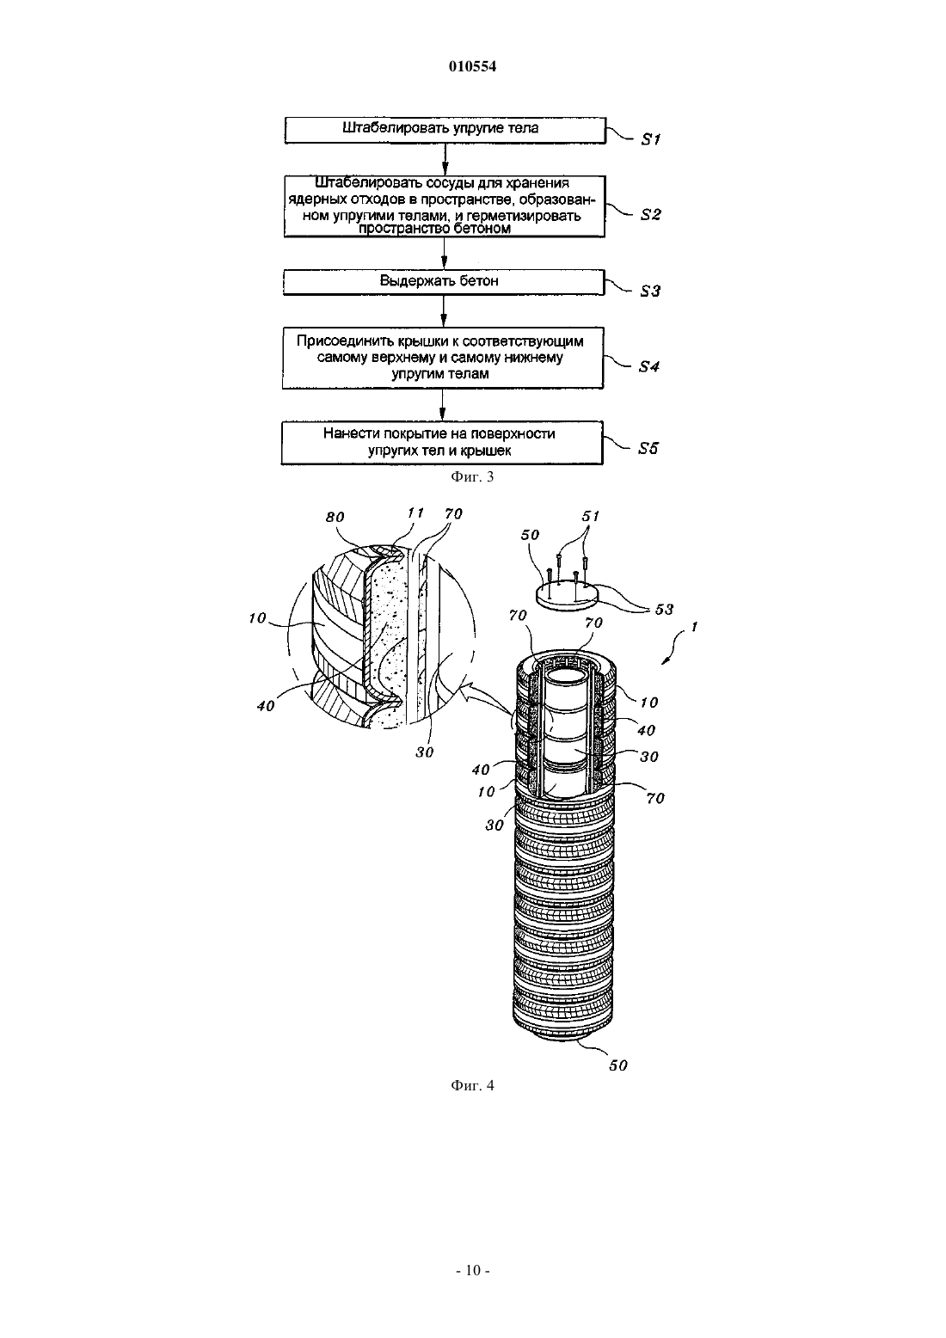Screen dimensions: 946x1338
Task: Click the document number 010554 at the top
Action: click(x=472, y=66)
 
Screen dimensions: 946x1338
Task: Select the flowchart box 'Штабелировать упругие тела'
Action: click(x=445, y=130)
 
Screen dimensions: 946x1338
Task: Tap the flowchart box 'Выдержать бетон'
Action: click(x=444, y=282)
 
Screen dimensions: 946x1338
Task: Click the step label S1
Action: click(x=651, y=140)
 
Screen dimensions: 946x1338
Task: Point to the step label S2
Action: click(x=651, y=215)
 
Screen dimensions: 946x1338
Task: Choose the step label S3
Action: click(x=650, y=292)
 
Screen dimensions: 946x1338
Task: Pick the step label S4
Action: click(x=649, y=367)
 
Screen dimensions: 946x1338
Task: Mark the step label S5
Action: click(x=648, y=449)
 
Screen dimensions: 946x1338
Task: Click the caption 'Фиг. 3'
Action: click(x=472, y=476)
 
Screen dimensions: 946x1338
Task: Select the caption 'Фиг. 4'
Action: click(x=472, y=1085)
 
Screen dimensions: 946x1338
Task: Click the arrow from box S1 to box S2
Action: click(x=445, y=159)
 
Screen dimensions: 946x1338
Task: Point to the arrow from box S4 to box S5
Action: click(x=443, y=405)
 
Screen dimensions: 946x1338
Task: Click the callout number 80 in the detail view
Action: click(x=335, y=518)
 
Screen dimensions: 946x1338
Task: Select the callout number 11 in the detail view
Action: click(x=415, y=513)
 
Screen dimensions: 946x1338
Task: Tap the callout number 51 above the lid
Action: click(x=591, y=516)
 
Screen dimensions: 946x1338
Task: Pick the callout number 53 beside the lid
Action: click(x=664, y=610)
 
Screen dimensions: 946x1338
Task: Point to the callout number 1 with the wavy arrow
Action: click(x=695, y=627)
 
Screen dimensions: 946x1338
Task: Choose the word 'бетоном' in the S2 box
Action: click(x=482, y=229)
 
